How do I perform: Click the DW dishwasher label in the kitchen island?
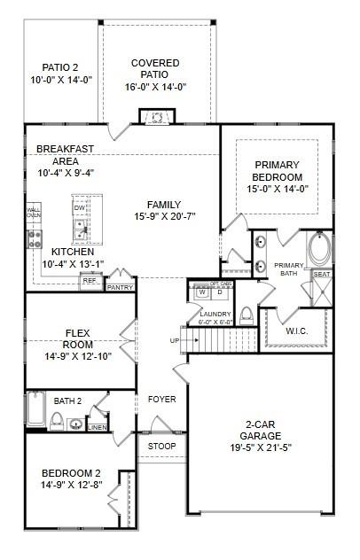(x=80, y=207)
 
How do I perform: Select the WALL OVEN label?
(x=34, y=212)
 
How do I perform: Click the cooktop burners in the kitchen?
(x=35, y=237)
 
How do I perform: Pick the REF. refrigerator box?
(x=90, y=281)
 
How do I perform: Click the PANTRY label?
(x=119, y=287)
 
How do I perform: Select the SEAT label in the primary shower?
(x=322, y=275)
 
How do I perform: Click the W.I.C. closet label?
(x=297, y=331)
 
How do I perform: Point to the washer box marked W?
(x=202, y=292)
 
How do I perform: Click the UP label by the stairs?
(x=174, y=340)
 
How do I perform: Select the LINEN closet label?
(x=98, y=427)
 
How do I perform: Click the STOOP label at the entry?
(x=161, y=445)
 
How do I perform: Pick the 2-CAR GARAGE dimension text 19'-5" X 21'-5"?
(x=261, y=447)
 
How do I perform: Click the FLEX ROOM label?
(x=79, y=339)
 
